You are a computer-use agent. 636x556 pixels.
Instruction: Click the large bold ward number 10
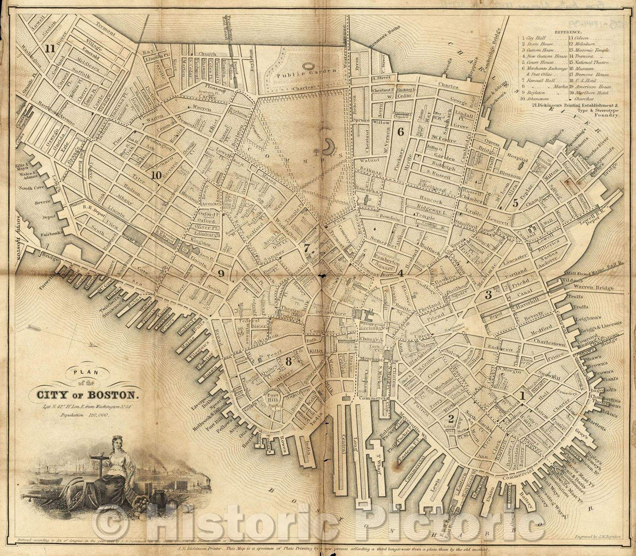[x=155, y=175]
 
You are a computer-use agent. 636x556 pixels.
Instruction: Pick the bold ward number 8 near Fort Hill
[x=289, y=361]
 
